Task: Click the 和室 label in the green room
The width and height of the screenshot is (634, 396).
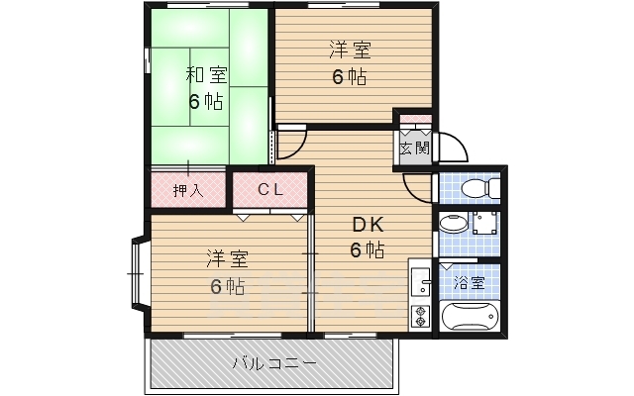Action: pyautogui.click(x=205, y=74)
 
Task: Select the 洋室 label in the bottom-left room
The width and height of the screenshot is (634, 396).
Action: pyautogui.click(x=227, y=259)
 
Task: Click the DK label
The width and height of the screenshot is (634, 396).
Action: pyautogui.click(x=366, y=224)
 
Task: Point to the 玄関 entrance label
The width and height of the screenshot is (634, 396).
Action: pyautogui.click(x=414, y=148)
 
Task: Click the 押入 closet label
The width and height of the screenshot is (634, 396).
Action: pyautogui.click(x=187, y=189)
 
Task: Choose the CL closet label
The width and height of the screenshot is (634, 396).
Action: pyautogui.click(x=270, y=189)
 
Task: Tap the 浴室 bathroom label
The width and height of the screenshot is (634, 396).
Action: pyautogui.click(x=470, y=282)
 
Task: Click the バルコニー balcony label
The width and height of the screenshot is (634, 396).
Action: pyautogui.click(x=274, y=363)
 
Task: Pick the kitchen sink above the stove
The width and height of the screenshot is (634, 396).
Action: pyautogui.click(x=420, y=282)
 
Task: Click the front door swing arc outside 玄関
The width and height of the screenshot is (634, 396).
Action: pyautogui.click(x=452, y=148)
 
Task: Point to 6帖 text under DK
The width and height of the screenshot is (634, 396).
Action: pyautogui.click(x=366, y=249)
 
